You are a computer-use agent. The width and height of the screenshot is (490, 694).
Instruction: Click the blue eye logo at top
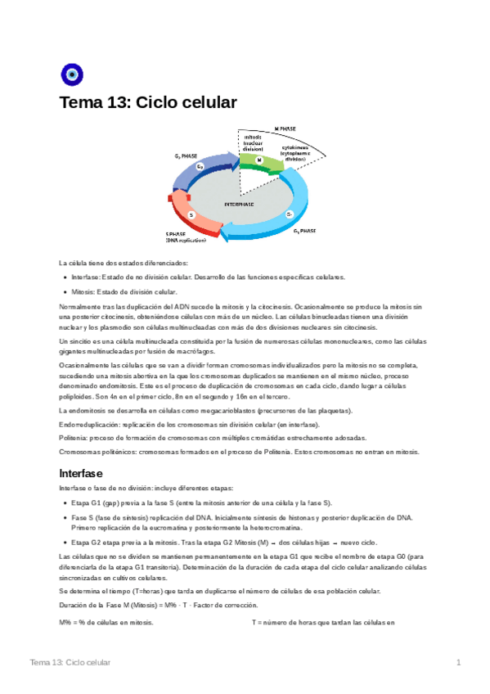pos(72,74)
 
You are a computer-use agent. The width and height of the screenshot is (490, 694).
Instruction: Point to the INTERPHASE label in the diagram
pos(239,204)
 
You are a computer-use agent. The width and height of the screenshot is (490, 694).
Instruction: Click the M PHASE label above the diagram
pos(285,128)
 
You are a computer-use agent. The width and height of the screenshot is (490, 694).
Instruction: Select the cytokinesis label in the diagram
pos(300,150)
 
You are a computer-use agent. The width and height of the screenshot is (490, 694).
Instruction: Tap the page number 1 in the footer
pos(459,662)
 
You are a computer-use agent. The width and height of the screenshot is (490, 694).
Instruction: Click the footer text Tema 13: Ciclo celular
pos(70,662)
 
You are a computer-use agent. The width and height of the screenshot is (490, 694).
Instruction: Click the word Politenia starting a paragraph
pos(74,439)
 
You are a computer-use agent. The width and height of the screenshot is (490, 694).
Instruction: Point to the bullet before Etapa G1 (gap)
pos(64,502)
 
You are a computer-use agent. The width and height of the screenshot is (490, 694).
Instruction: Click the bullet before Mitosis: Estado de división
pos(64,292)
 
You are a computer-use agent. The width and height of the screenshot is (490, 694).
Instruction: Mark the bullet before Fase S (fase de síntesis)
pos(64,517)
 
